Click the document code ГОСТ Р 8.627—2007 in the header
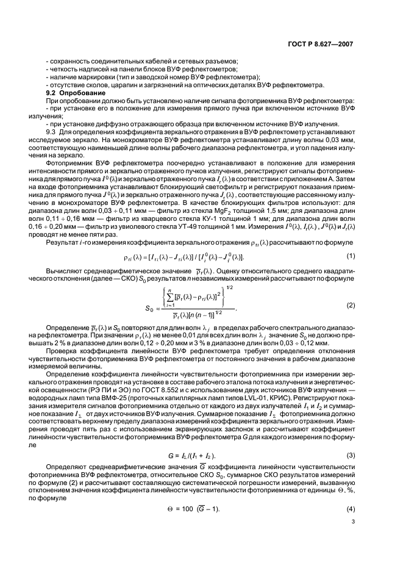[x=320, y=44]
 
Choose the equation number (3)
[x=351, y=455]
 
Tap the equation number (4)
[x=351, y=508]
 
